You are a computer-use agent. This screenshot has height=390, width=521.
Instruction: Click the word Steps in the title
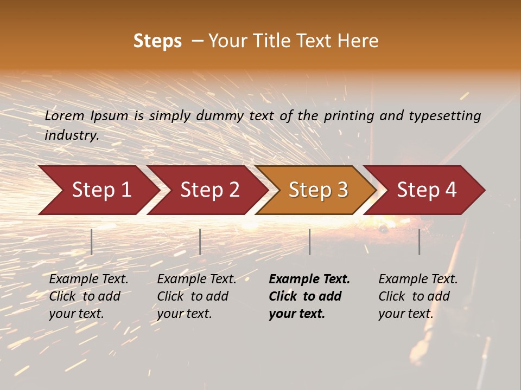pos(157,41)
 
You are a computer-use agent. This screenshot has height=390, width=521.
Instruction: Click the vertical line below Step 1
pos(92,242)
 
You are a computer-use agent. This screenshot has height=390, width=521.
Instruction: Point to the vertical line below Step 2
pos(200,242)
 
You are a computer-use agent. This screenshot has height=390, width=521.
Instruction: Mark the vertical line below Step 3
pos(310,242)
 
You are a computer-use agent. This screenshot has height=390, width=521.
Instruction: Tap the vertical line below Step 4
pos(420,242)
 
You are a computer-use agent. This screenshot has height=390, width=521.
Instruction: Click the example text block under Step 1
pos(88,296)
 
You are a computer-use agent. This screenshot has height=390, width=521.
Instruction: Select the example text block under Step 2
pos(196,296)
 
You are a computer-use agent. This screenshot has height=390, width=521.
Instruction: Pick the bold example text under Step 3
pos(309,296)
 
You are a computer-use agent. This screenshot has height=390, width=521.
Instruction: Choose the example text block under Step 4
pos(418,296)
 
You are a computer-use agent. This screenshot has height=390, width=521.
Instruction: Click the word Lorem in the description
pos(65,116)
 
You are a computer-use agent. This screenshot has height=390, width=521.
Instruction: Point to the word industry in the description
pos(72,135)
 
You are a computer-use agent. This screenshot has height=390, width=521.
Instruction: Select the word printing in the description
pos(350,116)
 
